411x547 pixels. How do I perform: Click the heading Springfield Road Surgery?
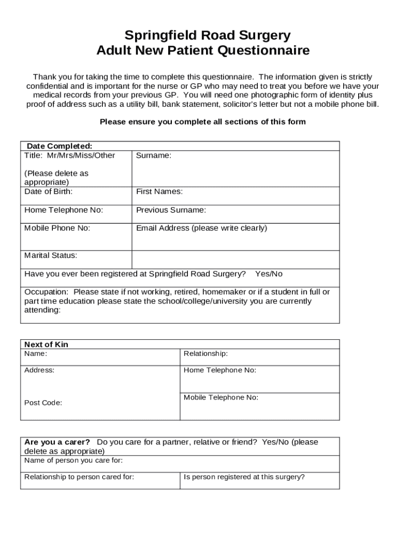[x=207, y=36]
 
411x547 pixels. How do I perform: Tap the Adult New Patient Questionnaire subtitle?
[x=203, y=51]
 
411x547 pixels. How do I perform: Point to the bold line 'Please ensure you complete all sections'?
[x=203, y=122]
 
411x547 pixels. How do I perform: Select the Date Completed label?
[x=59, y=146]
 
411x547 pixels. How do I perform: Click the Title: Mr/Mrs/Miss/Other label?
[x=69, y=155]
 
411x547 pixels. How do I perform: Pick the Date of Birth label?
[x=49, y=191]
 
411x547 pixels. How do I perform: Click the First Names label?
[x=159, y=191]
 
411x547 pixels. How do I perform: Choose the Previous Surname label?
[x=171, y=210]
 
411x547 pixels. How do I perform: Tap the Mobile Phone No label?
[x=57, y=228]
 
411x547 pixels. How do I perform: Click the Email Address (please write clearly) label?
[x=201, y=228]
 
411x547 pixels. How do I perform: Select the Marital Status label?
[x=51, y=255]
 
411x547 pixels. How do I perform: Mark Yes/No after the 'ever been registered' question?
[x=269, y=274]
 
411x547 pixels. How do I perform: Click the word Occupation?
[x=46, y=292]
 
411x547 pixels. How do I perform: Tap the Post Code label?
[x=43, y=403]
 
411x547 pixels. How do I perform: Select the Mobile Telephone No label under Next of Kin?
[x=220, y=397]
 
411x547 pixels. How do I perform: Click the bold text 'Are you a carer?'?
[x=57, y=442]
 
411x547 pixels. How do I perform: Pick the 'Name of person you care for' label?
[x=73, y=460]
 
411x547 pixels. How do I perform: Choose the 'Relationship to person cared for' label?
[x=79, y=477]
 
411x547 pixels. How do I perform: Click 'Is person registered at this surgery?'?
[x=244, y=477]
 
